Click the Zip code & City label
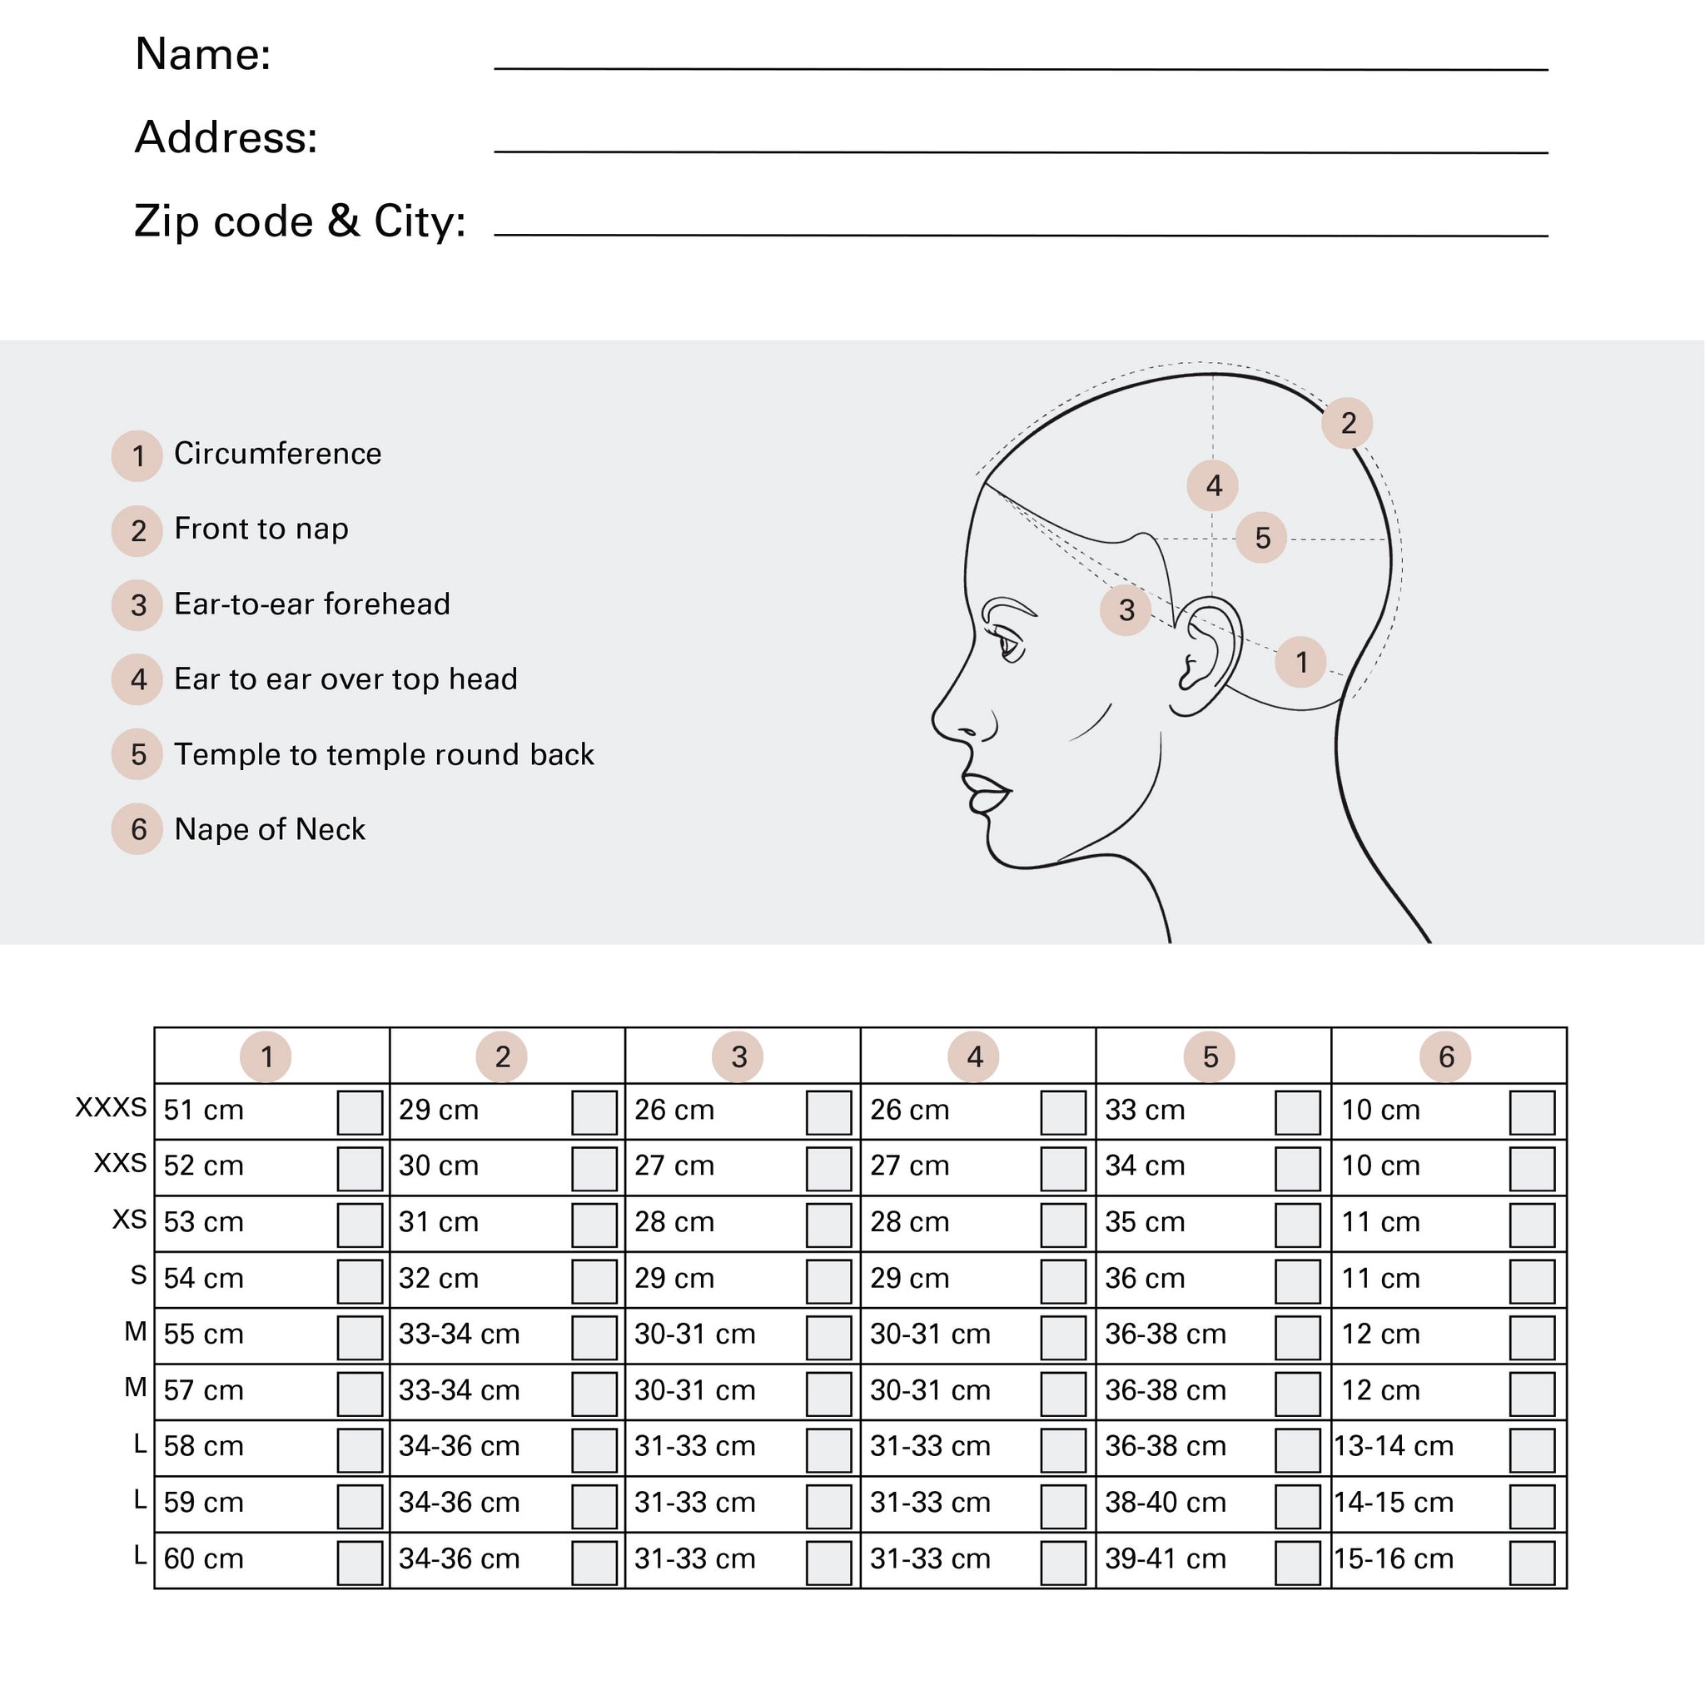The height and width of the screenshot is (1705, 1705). [300, 221]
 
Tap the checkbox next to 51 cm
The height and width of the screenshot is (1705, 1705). [359, 1112]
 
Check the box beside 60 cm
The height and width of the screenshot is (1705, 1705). [359, 1562]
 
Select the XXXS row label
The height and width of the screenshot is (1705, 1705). [112, 1107]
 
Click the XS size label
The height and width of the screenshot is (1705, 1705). [130, 1220]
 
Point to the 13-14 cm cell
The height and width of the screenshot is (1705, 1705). [1394, 1446]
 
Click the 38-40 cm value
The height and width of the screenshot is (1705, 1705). [1165, 1503]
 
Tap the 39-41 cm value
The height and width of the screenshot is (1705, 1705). [1165, 1559]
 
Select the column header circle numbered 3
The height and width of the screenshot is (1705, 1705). [738, 1056]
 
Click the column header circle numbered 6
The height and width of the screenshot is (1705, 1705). [1445, 1056]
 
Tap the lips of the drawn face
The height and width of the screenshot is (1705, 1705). [987, 793]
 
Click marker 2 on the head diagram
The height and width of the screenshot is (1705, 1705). [1348, 424]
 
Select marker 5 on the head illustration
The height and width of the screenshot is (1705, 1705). [1262, 538]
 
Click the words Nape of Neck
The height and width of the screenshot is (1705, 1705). [269, 829]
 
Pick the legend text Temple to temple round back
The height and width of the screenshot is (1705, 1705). [384, 754]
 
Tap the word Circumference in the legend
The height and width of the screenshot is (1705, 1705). [278, 454]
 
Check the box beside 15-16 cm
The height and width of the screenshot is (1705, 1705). [1532, 1562]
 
